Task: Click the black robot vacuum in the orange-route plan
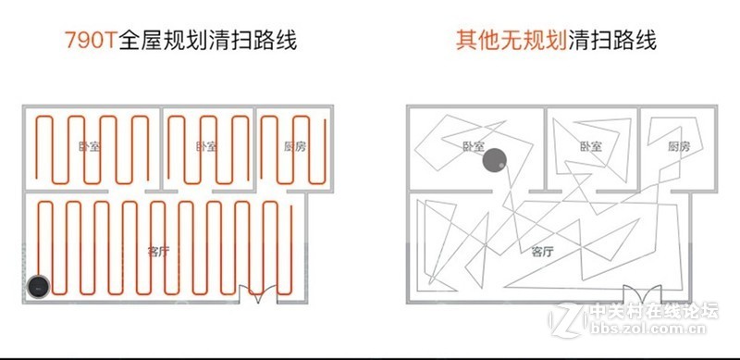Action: [x=38, y=287]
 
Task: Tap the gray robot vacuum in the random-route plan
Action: [x=495, y=162]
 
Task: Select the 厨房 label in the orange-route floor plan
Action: [x=294, y=146]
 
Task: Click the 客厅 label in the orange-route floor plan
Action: [x=158, y=250]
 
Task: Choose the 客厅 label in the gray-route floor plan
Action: [x=542, y=251]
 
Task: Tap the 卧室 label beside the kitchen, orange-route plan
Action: [x=207, y=146]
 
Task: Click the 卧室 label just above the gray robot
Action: [x=474, y=146]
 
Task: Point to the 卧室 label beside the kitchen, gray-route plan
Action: [x=590, y=146]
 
